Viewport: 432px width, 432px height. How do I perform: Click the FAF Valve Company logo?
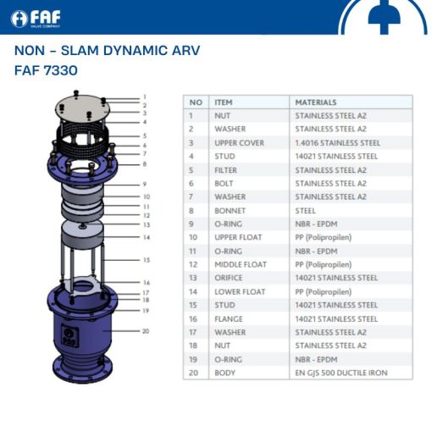(42, 18)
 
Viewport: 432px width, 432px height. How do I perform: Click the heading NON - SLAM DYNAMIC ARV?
(107, 51)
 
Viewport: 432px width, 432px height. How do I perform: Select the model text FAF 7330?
(46, 70)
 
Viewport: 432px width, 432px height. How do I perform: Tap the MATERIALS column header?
(315, 102)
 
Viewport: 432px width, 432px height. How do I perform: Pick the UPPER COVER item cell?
(238, 142)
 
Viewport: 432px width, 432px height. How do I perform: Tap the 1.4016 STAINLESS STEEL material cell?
(337, 142)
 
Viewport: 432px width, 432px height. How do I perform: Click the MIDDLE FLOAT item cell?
(240, 264)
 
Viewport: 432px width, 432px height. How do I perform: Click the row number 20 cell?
(194, 373)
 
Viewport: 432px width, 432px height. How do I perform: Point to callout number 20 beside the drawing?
(145, 330)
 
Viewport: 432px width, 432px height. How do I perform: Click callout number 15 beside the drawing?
(146, 260)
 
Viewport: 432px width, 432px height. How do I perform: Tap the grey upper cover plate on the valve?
(83, 108)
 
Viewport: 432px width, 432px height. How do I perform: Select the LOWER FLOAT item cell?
(239, 291)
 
